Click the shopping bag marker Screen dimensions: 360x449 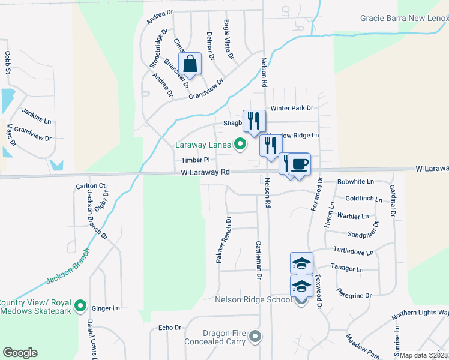pos(190,64)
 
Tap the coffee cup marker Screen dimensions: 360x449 pos(299,164)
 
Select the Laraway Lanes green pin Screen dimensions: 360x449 pos(240,144)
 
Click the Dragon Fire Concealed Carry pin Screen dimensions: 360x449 pos(256,336)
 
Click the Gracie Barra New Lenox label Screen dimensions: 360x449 pos(404,18)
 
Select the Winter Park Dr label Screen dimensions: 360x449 pos(292,108)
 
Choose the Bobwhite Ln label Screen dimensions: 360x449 pos(355,181)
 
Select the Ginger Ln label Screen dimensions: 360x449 pos(106,308)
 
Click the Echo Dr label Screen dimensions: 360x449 pos(169,328)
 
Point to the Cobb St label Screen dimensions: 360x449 pos(8,62)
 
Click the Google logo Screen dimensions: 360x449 pos(20,352)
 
